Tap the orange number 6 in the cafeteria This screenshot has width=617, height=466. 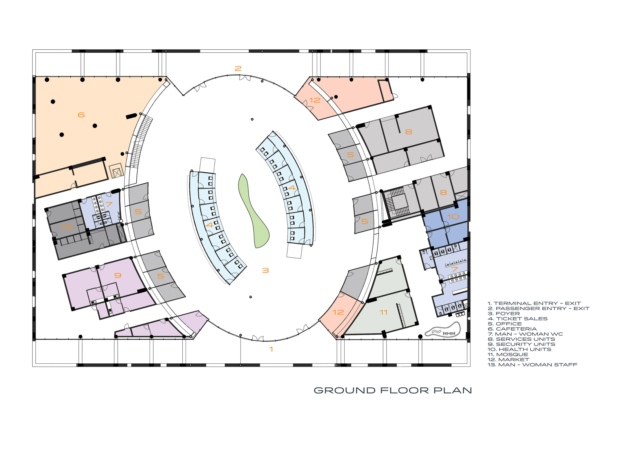click(x=81, y=115)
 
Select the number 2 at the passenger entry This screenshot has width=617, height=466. click(x=238, y=68)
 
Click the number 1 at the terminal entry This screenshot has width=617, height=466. click(x=271, y=349)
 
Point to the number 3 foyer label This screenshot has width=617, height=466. click(x=265, y=270)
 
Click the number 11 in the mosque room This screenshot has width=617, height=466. click(x=383, y=312)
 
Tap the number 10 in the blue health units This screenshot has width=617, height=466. click(x=453, y=217)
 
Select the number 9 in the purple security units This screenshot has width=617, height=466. click(x=118, y=275)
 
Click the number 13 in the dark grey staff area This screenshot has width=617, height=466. click(x=66, y=227)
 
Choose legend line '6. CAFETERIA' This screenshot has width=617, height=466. click(x=512, y=329)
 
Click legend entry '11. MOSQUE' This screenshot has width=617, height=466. click(x=508, y=354)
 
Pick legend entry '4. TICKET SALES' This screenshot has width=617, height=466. click(x=517, y=319)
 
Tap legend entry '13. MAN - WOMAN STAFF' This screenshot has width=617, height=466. click(x=532, y=365)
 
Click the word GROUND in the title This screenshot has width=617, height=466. click(x=345, y=390)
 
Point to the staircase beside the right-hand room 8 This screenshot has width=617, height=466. click(x=398, y=203)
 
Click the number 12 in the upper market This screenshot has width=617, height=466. click(x=315, y=100)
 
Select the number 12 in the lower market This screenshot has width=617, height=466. click(x=338, y=312)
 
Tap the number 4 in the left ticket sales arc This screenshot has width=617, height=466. click(x=209, y=225)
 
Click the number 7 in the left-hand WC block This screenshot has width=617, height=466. click(x=109, y=204)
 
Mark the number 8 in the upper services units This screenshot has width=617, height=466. click(x=408, y=132)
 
